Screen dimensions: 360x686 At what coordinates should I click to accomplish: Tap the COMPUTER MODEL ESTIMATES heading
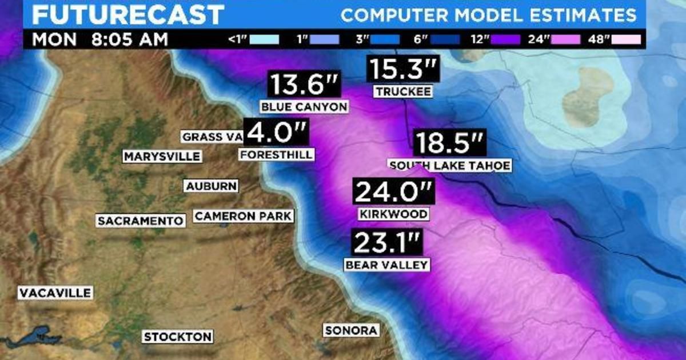(x=489, y=15)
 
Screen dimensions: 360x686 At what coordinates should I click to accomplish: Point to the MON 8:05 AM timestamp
(x=100, y=40)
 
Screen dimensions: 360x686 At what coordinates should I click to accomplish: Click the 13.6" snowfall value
(x=305, y=85)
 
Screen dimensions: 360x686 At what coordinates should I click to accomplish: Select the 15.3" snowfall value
(x=404, y=70)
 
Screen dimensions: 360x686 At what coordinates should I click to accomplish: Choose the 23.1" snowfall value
(x=386, y=243)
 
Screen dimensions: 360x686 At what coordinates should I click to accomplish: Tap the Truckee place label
(x=403, y=91)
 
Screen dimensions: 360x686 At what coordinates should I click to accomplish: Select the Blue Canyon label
(x=304, y=107)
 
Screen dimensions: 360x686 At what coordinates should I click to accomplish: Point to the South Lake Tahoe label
(x=449, y=166)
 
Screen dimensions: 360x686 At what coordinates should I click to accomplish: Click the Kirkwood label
(x=393, y=214)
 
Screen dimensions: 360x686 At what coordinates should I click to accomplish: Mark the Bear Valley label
(x=386, y=265)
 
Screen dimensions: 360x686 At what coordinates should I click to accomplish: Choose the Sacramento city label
(x=141, y=221)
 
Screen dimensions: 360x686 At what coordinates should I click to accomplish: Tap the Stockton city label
(x=178, y=337)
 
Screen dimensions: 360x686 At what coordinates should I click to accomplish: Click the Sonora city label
(x=351, y=330)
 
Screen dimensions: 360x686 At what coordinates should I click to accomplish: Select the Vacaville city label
(x=55, y=293)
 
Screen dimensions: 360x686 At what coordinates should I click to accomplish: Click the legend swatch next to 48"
(x=626, y=40)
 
